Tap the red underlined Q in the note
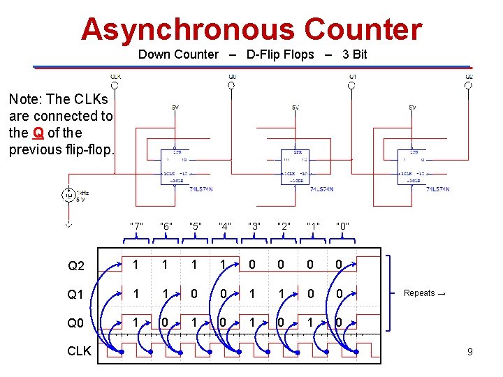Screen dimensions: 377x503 click(x=38, y=133)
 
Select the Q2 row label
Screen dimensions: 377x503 click(x=76, y=266)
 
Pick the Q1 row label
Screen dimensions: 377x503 click(x=76, y=295)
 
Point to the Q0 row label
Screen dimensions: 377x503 click(x=76, y=323)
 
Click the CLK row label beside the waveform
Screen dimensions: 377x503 click(x=79, y=351)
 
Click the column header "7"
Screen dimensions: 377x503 click(x=136, y=226)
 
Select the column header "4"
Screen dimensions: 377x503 click(x=225, y=226)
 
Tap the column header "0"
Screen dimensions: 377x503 click(x=342, y=226)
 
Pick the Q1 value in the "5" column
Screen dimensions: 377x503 click(x=194, y=294)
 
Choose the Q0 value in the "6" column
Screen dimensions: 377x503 click(x=164, y=323)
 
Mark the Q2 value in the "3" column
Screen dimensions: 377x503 click(x=252, y=265)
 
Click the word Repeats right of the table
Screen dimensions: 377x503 click(x=419, y=293)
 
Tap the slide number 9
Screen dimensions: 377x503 click(x=469, y=352)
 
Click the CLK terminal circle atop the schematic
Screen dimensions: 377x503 click(x=115, y=85)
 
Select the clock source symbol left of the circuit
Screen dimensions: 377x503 click(x=68, y=195)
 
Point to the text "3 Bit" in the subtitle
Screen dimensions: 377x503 click(x=354, y=54)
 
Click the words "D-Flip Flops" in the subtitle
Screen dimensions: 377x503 click(x=280, y=54)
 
